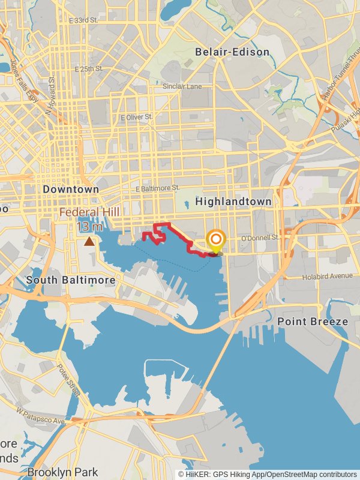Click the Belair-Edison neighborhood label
232,52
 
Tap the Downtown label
71,189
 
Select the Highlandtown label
233,202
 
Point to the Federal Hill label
89,212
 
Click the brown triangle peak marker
89,241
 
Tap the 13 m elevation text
90,227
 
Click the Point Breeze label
312,322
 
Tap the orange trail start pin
215,240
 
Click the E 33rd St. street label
83,20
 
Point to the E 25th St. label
88,69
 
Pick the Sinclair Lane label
182,86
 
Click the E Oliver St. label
137,116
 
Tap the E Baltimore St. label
157,188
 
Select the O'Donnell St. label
260,238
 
